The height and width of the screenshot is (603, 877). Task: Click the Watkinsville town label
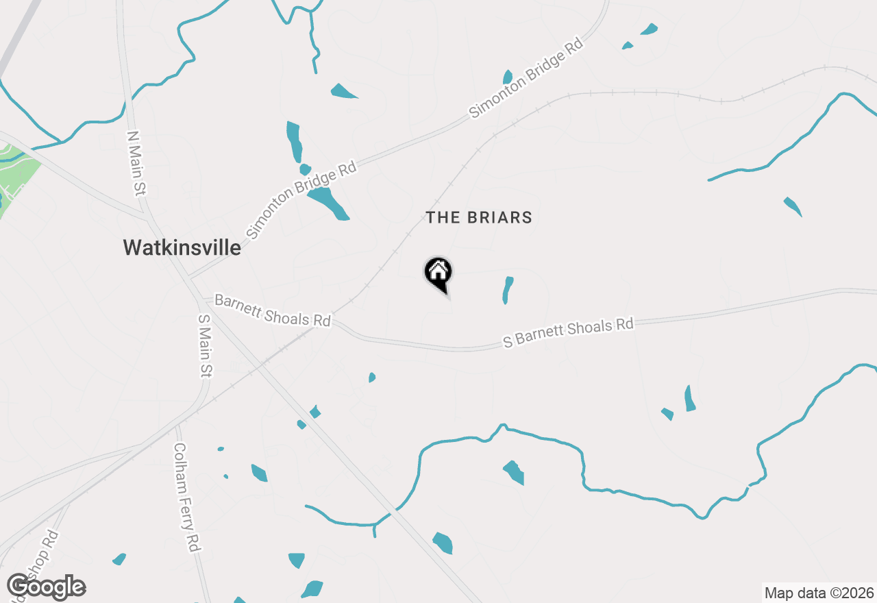[x=182, y=247]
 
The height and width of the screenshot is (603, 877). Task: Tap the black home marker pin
[x=438, y=273]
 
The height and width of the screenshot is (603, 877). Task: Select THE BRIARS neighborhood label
[x=478, y=218]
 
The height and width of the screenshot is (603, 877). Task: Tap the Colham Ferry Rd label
[x=185, y=497]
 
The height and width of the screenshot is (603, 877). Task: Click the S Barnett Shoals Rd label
[x=568, y=332]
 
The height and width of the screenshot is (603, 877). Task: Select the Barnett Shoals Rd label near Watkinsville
[x=272, y=310]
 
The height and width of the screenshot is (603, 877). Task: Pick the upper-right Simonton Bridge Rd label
[x=526, y=77]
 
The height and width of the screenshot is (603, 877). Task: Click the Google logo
[x=46, y=587]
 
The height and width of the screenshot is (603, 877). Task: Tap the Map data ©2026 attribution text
[x=819, y=593]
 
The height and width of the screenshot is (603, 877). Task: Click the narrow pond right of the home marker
[x=507, y=290]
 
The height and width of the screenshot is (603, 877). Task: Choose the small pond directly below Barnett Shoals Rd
[x=371, y=378]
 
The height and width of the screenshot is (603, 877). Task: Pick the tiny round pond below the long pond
[x=305, y=169]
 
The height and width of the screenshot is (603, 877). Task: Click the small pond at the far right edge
[x=793, y=206]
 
